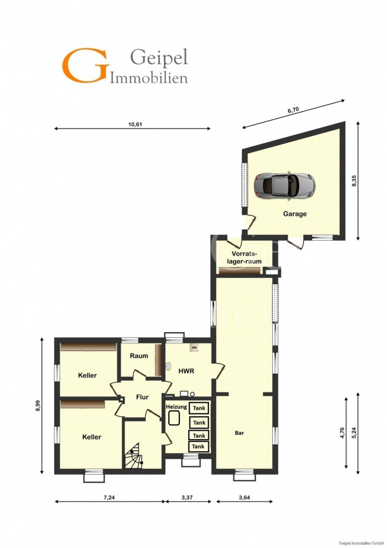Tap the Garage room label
coord(294,214)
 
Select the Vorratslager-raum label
coord(247,257)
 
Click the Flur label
coord(142,397)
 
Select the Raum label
coord(139,356)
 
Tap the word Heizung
coord(176,407)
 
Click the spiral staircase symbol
coord(134,455)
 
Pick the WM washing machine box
coord(194,348)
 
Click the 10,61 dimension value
coord(135,124)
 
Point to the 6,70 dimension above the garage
coord(293,110)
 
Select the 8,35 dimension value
coord(354,181)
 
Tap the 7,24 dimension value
coord(109,498)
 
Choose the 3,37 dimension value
coord(187,498)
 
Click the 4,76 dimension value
coord(342,432)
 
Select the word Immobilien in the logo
coord(149,78)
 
